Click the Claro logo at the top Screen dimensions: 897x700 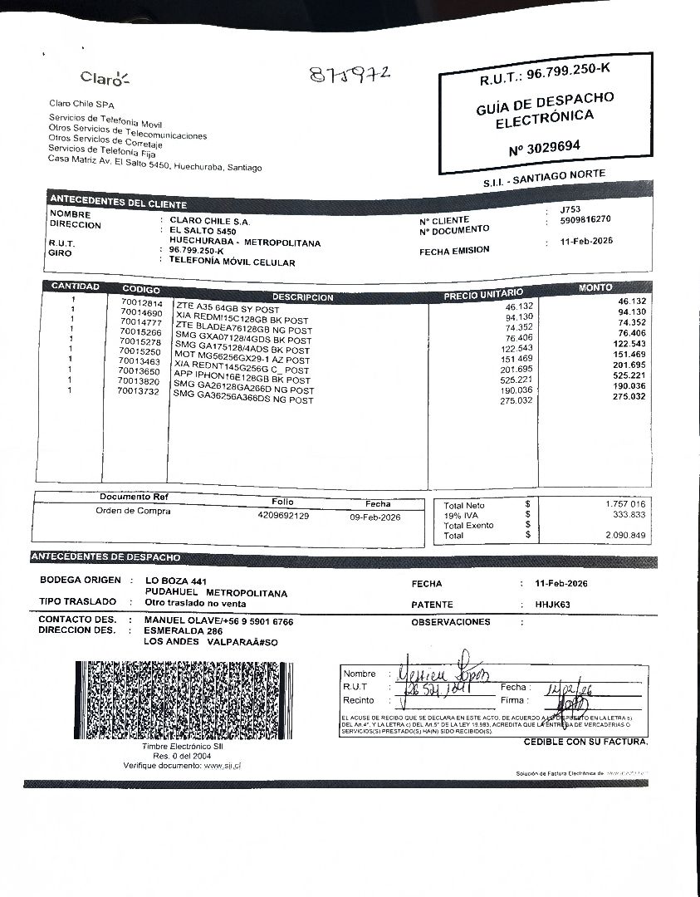(105, 78)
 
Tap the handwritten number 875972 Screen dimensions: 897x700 (350, 76)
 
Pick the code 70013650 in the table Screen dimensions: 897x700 (140, 371)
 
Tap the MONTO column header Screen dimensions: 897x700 (595, 287)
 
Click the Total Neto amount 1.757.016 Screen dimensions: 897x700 (625, 504)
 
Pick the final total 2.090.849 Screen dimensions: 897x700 (625, 536)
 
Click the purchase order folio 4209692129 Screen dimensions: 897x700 (283, 516)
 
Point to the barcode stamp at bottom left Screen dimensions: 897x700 (183, 699)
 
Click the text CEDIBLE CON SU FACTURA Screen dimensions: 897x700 (585, 742)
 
